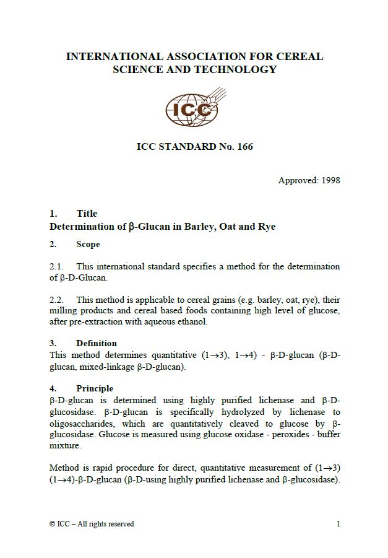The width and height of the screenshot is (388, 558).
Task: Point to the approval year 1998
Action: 328,181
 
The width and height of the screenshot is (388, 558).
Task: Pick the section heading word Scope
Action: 88,245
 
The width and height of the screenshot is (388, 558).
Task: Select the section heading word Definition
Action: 96,343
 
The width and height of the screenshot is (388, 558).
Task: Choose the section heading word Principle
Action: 95,388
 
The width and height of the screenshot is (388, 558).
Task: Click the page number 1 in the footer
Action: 338,524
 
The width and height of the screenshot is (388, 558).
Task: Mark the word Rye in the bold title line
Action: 266,227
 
